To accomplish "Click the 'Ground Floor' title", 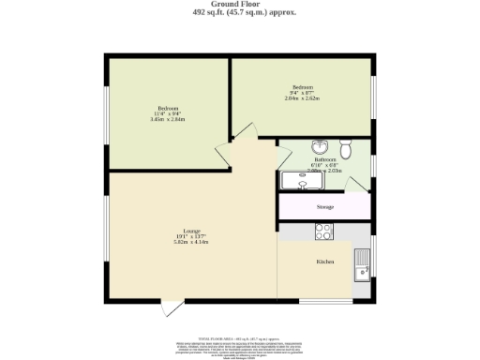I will tap(240, 5).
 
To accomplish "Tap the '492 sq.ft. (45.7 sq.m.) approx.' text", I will tap(240, 13).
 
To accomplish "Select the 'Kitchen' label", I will tap(325, 262).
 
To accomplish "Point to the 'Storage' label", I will tap(325, 206).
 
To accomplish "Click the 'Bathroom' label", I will tap(325, 160).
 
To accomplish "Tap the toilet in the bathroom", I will tap(346, 148).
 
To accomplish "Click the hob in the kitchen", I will tap(324, 232).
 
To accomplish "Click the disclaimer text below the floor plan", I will tap(240, 345).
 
